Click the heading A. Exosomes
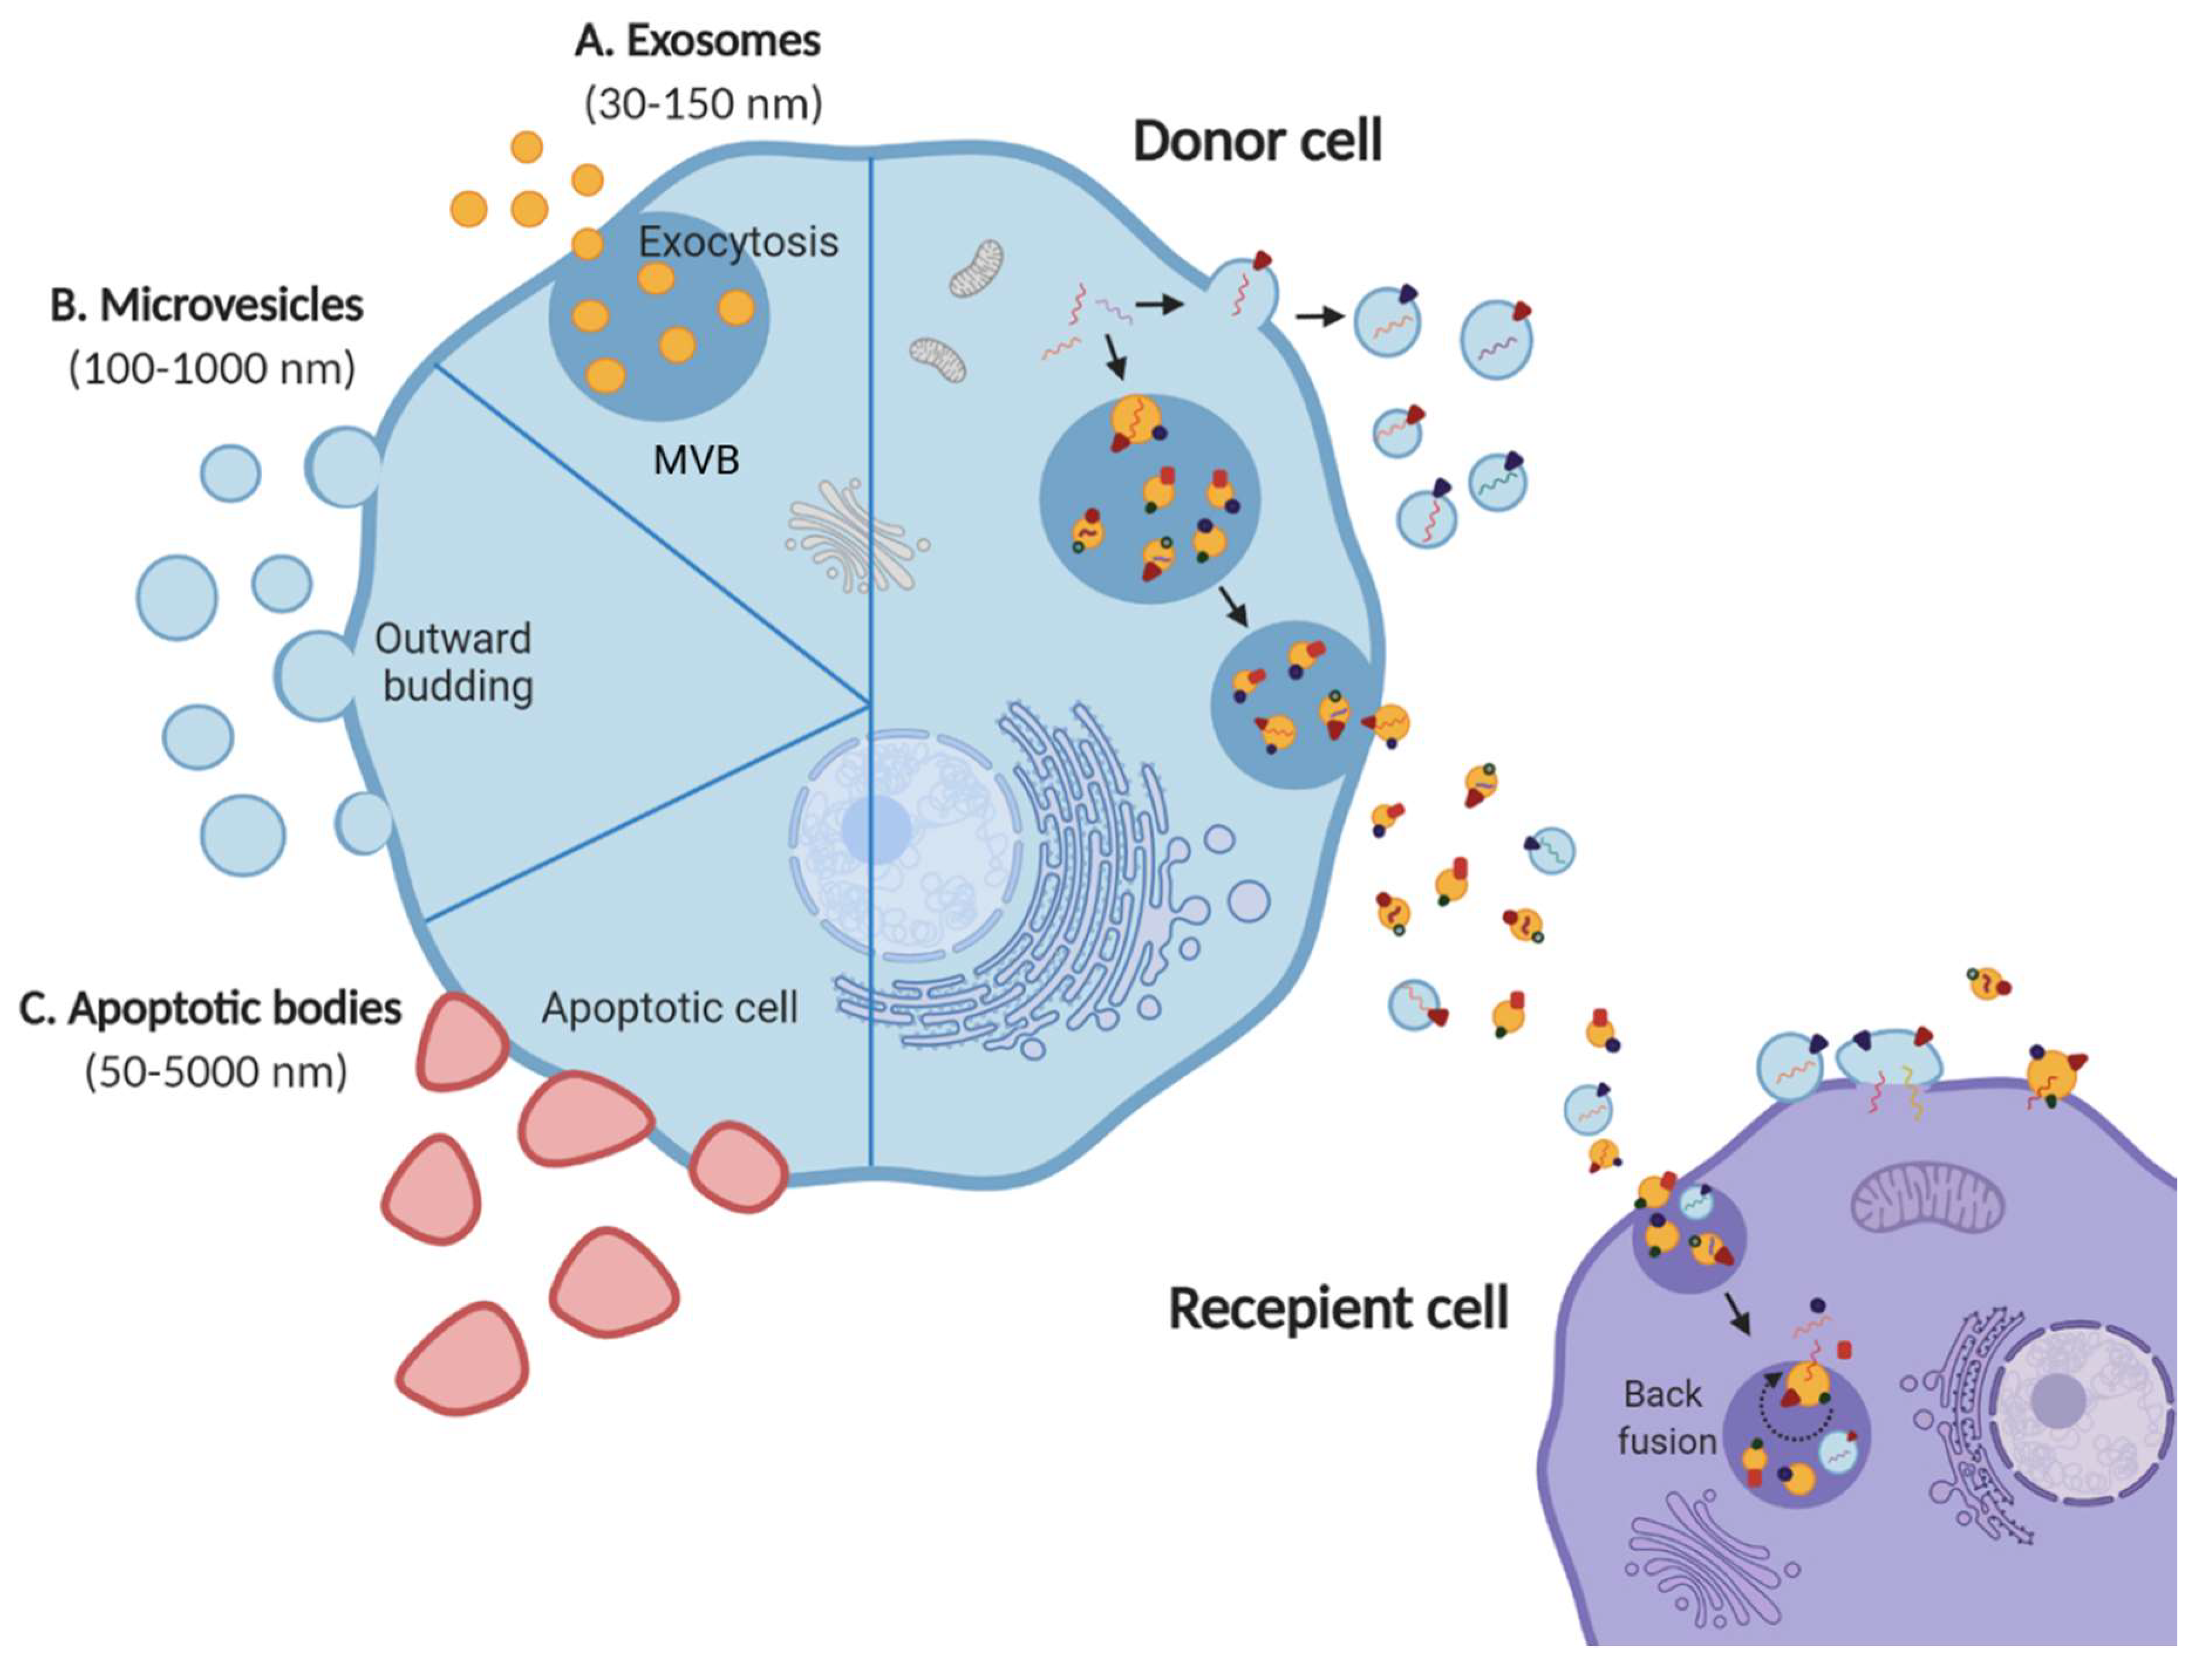(x=698, y=42)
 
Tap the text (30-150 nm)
(x=704, y=103)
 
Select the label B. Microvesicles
(x=207, y=305)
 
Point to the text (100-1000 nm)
(x=212, y=369)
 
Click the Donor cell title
(x=1257, y=141)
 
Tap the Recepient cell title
(x=1338, y=1309)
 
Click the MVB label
(x=696, y=460)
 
